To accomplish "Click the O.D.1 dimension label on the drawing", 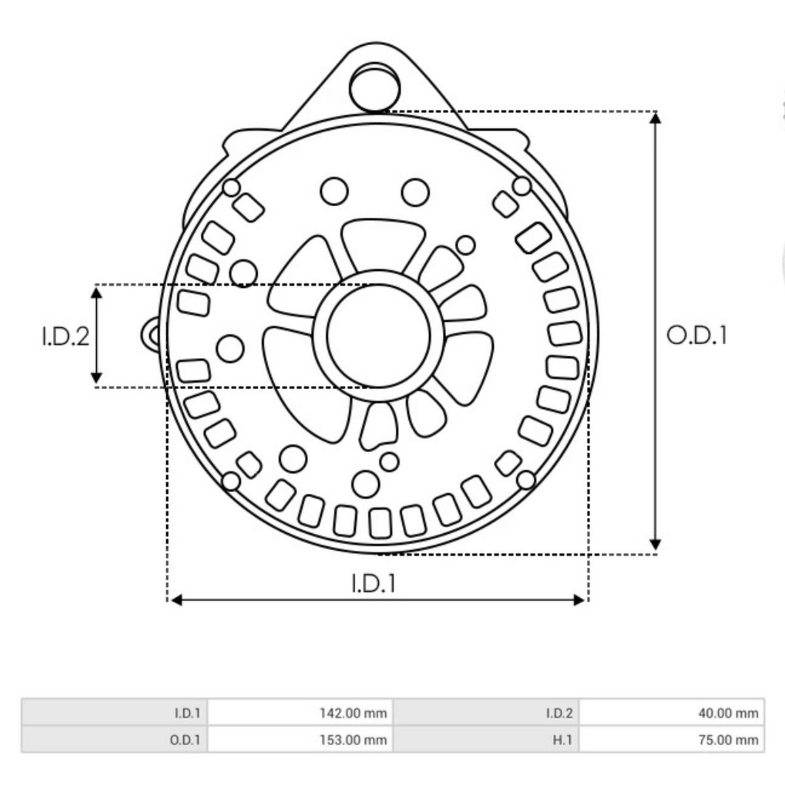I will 696,335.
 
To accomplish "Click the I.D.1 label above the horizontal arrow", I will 374,583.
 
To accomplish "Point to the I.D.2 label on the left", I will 65,336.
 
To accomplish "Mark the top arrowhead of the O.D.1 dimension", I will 655,118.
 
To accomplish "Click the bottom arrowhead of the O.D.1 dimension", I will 655,545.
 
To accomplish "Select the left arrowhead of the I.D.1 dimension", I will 175,600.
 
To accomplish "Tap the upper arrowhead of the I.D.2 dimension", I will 96,292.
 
